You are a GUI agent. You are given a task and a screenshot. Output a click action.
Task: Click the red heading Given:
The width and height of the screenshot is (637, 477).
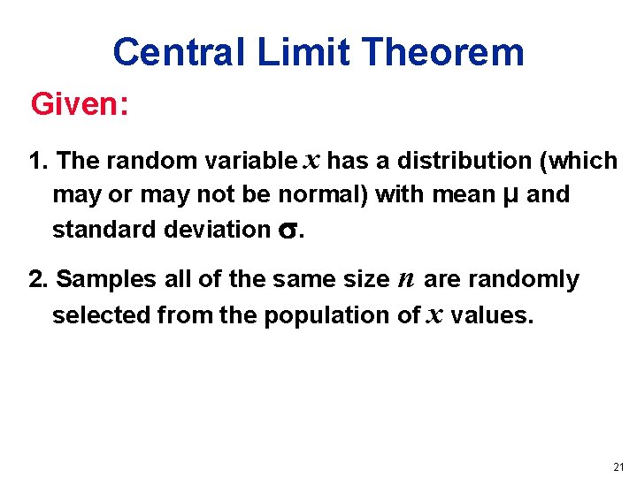click(x=81, y=106)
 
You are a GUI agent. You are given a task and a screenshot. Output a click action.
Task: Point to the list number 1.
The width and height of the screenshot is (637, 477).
click(x=37, y=162)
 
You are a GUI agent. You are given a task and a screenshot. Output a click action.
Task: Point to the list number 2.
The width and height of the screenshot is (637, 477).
click(x=37, y=280)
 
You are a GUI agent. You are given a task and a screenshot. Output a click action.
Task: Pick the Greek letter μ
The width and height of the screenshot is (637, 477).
click(x=510, y=195)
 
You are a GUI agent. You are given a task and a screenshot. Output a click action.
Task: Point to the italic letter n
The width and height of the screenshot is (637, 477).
click(x=406, y=280)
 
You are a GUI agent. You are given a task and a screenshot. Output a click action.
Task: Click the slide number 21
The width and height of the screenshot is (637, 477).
click(x=618, y=466)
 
